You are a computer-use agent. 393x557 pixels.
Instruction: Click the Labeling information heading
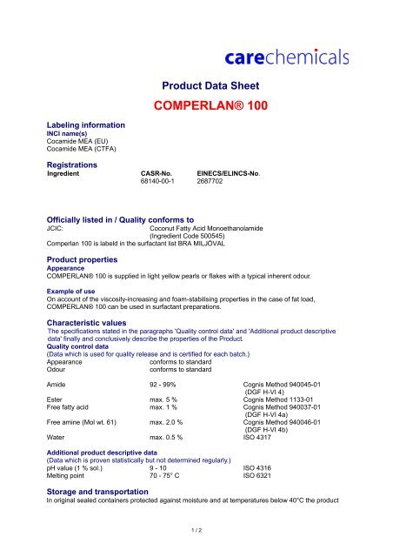click(x=84, y=125)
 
